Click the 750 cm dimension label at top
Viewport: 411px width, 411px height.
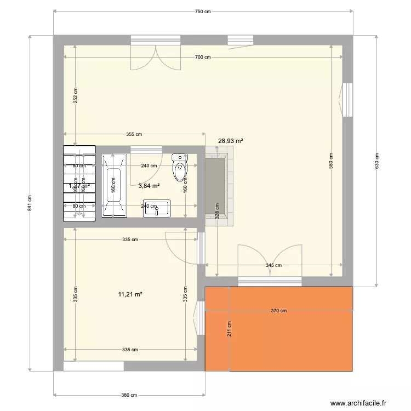point(203,12)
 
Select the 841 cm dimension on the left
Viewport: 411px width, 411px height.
point(30,203)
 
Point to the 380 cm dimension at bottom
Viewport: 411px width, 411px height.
point(129,395)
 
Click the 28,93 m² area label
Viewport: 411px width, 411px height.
point(231,141)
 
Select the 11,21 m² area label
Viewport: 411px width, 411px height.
point(130,294)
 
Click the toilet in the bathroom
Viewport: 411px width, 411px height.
point(179,168)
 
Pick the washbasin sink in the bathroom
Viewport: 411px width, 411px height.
point(157,208)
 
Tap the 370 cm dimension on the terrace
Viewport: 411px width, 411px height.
point(278,311)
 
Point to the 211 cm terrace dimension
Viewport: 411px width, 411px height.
point(230,328)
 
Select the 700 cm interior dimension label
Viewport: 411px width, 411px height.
point(203,58)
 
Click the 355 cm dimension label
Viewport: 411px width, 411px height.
point(134,134)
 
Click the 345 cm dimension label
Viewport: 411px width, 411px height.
point(273,265)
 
